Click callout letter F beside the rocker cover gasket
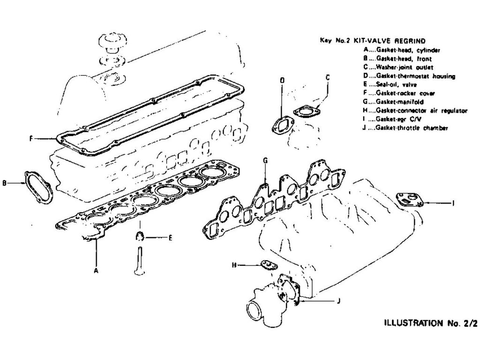click(30, 139)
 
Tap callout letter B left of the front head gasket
click(4, 184)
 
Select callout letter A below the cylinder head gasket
click(96, 270)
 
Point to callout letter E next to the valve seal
click(170, 238)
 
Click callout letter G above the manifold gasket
click(265, 161)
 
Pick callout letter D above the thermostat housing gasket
click(282, 81)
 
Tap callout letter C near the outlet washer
click(328, 76)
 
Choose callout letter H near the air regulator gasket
click(234, 265)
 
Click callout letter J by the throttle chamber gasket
click(338, 301)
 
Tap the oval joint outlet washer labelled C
click(306, 112)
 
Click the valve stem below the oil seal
click(139, 260)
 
